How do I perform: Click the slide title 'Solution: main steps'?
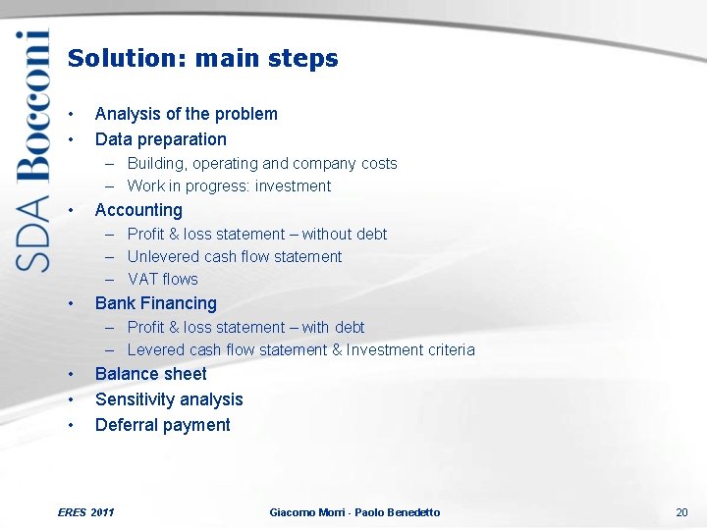pos(202,59)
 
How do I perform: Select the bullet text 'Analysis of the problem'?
pos(186,114)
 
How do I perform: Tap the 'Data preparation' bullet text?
pos(160,139)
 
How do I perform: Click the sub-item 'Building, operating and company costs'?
pos(261,163)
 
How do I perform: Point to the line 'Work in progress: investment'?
pos(229,185)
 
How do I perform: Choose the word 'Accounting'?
pos(138,210)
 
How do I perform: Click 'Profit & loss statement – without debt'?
pos(256,234)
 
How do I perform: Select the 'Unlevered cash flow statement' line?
pos(235,256)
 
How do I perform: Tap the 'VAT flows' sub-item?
pos(162,279)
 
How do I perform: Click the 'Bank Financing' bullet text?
pos(155,303)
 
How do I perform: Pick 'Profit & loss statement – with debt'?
pos(245,327)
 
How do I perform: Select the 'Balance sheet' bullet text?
pos(150,374)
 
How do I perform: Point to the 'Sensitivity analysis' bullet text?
pos(168,399)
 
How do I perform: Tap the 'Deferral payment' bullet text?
pos(162,425)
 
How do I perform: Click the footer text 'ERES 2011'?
pos(86,512)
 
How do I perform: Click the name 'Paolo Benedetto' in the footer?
pos(398,512)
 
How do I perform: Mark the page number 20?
pos(681,512)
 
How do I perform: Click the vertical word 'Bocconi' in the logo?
pos(32,106)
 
